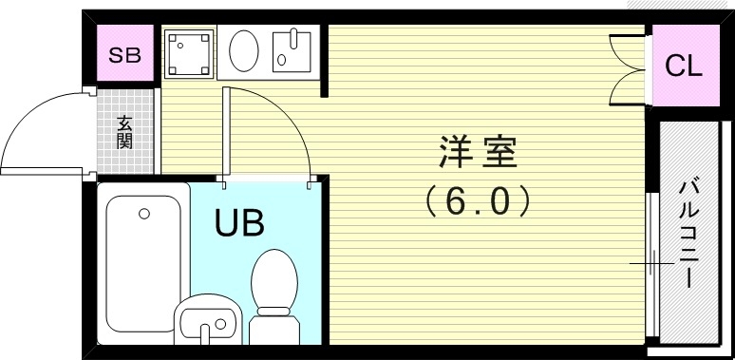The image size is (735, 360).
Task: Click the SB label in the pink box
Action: coord(124,54)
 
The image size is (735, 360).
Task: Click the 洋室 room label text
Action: coord(477,151)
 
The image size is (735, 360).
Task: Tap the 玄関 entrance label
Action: coord(124,132)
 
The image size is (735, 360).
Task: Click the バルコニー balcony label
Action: coord(686,232)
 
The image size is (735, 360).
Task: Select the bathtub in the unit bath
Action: coord(143,256)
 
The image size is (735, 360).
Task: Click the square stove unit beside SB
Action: coord(189,53)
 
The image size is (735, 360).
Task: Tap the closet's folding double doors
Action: coord(627,66)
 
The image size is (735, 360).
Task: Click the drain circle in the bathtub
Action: coord(144,214)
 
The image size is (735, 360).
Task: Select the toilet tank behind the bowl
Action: coord(274,323)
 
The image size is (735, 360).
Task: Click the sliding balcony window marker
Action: coord(650,262)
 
